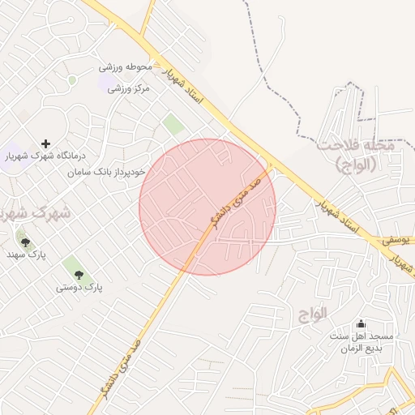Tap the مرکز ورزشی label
click(x=130, y=88)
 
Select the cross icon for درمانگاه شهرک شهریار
click(x=45, y=143)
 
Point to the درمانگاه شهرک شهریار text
click(x=45, y=156)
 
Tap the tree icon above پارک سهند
click(x=25, y=242)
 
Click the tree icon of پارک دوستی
click(x=78, y=276)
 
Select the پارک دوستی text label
click(x=81, y=288)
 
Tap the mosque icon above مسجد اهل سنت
click(x=361, y=323)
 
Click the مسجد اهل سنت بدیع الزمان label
click(x=361, y=342)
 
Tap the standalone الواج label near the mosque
click(x=310, y=312)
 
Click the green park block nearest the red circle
click(x=173, y=124)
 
